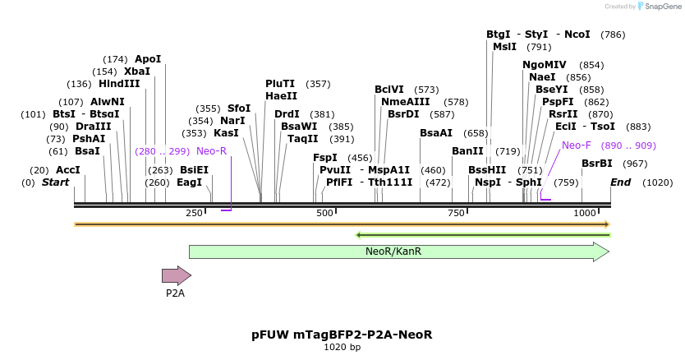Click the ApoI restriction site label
pyautogui.click(x=148, y=59)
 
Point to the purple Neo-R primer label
pyautogui.click(x=211, y=151)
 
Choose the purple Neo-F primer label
pyautogui.click(x=577, y=145)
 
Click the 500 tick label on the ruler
pyautogui.click(x=324, y=214)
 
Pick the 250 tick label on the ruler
pyautogui.click(x=195, y=214)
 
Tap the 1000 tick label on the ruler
pyautogui.click(x=584, y=214)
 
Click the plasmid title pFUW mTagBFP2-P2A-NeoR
pyautogui.click(x=342, y=335)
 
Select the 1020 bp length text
pyautogui.click(x=342, y=348)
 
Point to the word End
pyautogui.click(x=620, y=182)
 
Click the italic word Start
pyautogui.click(x=55, y=182)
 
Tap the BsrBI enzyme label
pyautogui.click(x=597, y=164)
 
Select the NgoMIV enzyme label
pyautogui.click(x=545, y=65)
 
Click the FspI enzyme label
pyautogui.click(x=325, y=158)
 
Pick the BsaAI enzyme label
pyautogui.click(x=436, y=133)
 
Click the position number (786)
pyautogui.click(x=613, y=35)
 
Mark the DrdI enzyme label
pyautogui.click(x=287, y=114)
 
